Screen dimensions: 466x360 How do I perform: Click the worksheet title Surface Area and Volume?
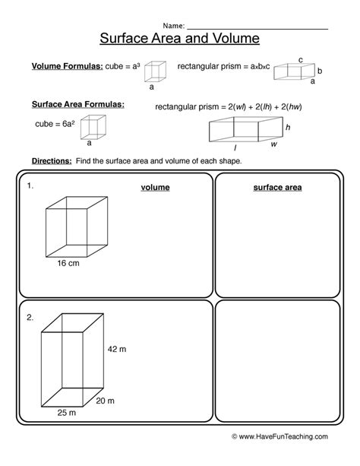[180, 37]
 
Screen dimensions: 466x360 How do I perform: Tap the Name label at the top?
[172, 25]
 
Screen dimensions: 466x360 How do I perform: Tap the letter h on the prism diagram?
[287, 127]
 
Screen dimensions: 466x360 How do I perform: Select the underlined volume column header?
[155, 187]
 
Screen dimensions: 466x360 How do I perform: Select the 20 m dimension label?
[104, 401]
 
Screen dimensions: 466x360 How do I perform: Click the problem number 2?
[30, 318]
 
